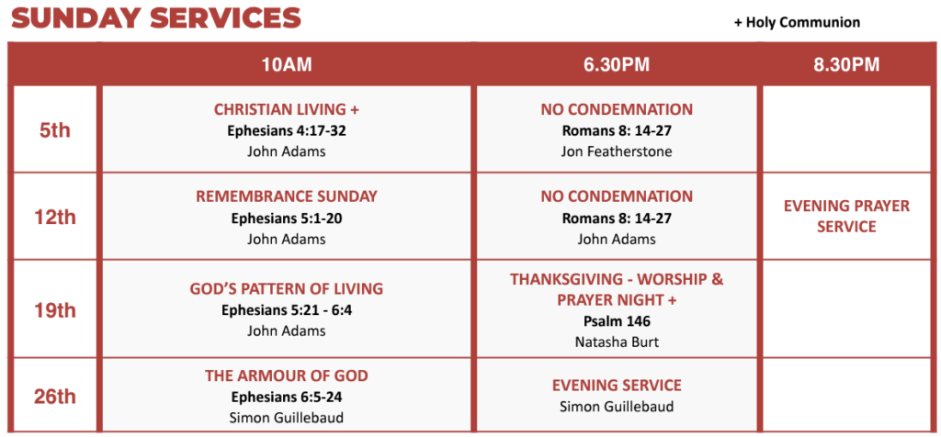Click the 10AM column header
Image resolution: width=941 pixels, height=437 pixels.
(287, 65)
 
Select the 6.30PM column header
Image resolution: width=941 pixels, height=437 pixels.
(617, 65)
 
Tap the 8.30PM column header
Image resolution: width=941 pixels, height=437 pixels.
(846, 65)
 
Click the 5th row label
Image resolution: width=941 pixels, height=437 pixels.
(54, 130)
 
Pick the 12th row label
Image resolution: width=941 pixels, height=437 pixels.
(54, 217)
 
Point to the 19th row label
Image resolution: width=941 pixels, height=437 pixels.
(54, 310)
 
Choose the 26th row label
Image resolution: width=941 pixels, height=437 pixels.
(54, 397)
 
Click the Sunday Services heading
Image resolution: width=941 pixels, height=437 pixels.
(155, 18)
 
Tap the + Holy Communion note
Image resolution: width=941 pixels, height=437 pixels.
(797, 23)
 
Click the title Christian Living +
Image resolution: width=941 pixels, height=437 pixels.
(287, 109)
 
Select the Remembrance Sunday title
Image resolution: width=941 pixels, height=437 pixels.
(287, 196)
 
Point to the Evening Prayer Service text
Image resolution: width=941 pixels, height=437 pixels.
(846, 217)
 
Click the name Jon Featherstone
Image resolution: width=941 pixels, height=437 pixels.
(617, 151)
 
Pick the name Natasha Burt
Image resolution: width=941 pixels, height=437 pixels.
(617, 342)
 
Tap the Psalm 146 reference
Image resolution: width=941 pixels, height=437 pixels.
(617, 321)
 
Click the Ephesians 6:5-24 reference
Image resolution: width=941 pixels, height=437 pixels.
(287, 397)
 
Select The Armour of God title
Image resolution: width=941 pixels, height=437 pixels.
(287, 375)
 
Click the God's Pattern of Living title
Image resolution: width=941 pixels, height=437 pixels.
(287, 289)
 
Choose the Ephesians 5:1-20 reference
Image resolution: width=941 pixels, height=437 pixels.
(287, 218)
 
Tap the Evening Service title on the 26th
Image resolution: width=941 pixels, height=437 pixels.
(617, 386)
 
